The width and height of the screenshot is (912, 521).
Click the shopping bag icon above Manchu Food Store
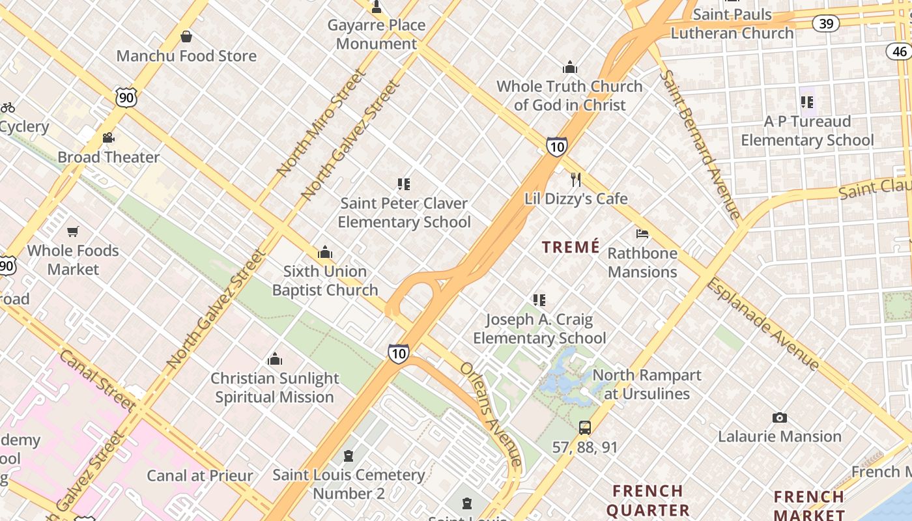pyautogui.click(x=186, y=36)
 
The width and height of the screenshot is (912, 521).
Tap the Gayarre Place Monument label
pyautogui.click(x=377, y=35)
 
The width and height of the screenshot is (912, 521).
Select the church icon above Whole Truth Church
pyautogui.click(x=570, y=67)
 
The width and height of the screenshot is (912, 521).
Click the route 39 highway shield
pyautogui.click(x=826, y=24)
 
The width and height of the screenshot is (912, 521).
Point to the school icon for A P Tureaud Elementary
pyautogui.click(x=807, y=102)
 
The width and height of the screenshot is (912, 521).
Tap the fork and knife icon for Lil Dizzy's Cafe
pyautogui.click(x=576, y=180)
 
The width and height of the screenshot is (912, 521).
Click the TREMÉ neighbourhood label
pyautogui.click(x=571, y=247)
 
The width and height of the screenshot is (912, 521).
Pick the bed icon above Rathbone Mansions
pyautogui.click(x=642, y=234)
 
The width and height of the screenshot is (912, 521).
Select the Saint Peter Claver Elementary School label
pyautogui.click(x=404, y=213)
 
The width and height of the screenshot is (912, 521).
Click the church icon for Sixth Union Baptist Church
pyautogui.click(x=325, y=253)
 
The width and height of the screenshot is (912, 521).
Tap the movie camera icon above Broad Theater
pyautogui.click(x=109, y=138)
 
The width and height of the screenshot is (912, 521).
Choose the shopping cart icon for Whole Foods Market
pyautogui.click(x=73, y=232)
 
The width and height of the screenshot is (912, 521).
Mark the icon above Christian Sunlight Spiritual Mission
pyautogui.click(x=275, y=359)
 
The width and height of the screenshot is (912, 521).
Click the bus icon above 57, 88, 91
pyautogui.click(x=585, y=428)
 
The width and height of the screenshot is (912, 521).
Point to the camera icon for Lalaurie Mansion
pyautogui.click(x=780, y=417)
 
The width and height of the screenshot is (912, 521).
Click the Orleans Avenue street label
pyautogui.click(x=492, y=414)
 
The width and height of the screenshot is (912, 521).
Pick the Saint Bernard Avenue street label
pyautogui.click(x=700, y=143)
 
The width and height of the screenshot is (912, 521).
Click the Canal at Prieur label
pyautogui.click(x=200, y=475)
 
